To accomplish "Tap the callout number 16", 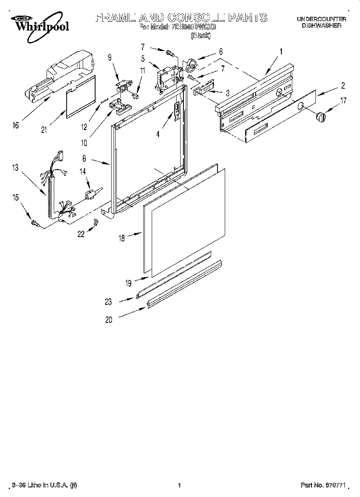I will pos(15,126).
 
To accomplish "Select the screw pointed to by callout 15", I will pos(35,223).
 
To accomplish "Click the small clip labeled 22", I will pos(96,223).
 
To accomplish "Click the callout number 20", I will pos(109,320).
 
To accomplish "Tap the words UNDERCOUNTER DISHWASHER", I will pos(321,22).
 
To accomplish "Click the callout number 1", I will pos(281,51).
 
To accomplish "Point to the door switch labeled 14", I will pos(90,194).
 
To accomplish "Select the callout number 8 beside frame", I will pos(84,159).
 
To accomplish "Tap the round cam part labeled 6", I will pos(191,64).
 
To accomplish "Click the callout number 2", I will pos(343,85).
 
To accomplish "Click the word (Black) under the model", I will pos(200,35).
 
